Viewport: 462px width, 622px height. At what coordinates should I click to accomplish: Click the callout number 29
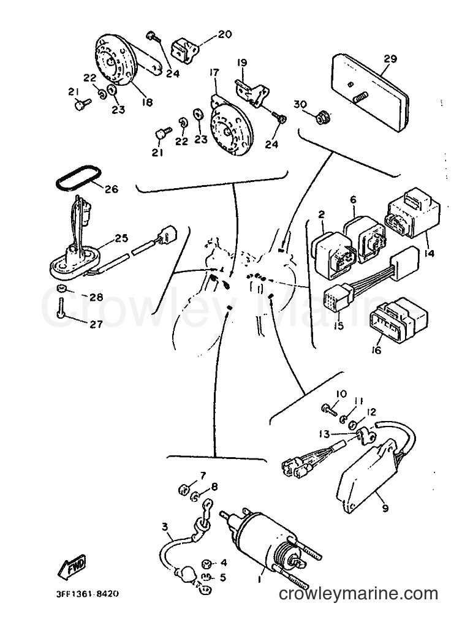[390, 59]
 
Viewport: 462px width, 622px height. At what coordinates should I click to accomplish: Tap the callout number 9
[385, 507]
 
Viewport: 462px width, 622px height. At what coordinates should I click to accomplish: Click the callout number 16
[376, 350]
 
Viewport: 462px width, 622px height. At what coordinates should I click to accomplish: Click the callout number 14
[430, 252]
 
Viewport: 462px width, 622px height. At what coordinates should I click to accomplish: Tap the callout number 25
[121, 238]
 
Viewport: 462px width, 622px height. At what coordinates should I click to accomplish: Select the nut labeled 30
[319, 116]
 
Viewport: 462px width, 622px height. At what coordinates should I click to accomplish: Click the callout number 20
[224, 35]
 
